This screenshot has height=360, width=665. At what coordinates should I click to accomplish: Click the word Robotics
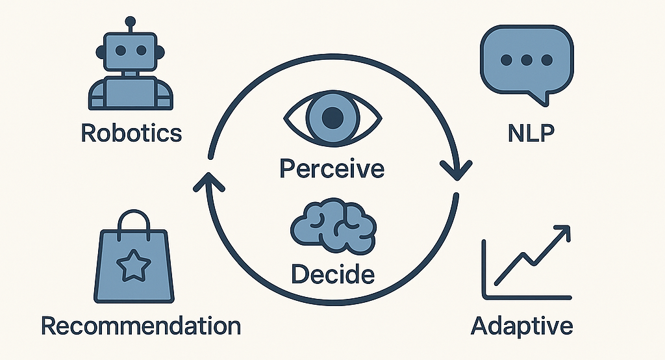click(x=131, y=133)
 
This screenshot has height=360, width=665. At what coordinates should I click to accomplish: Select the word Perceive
click(x=332, y=168)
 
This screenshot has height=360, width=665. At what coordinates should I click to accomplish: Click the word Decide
click(x=332, y=274)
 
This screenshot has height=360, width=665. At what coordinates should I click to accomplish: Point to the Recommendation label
click(x=141, y=326)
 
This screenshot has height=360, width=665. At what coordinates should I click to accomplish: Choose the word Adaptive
click(x=522, y=325)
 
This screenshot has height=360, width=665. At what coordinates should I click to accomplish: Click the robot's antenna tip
click(x=131, y=21)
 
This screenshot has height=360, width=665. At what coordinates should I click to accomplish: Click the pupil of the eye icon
click(x=332, y=118)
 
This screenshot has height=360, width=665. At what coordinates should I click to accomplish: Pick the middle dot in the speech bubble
click(x=526, y=60)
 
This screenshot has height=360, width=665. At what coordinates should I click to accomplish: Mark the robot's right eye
click(x=144, y=49)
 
